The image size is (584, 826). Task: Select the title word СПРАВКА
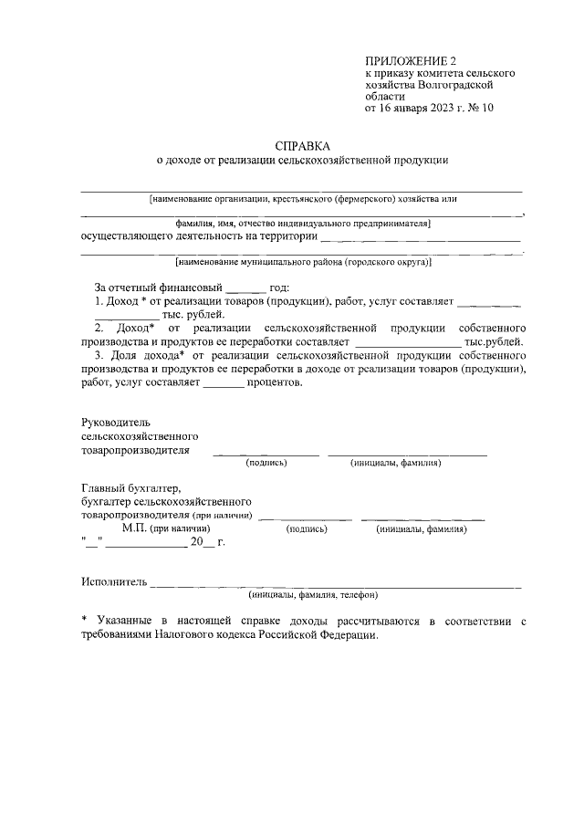pyautogui.click(x=303, y=145)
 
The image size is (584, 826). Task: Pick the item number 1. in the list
pyautogui.click(x=99, y=301)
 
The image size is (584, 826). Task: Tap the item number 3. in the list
pyautogui.click(x=99, y=353)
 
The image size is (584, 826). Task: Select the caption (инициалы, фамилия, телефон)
pyautogui.click(x=313, y=595)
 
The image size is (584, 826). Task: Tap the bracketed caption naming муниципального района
pyautogui.click(x=303, y=262)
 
